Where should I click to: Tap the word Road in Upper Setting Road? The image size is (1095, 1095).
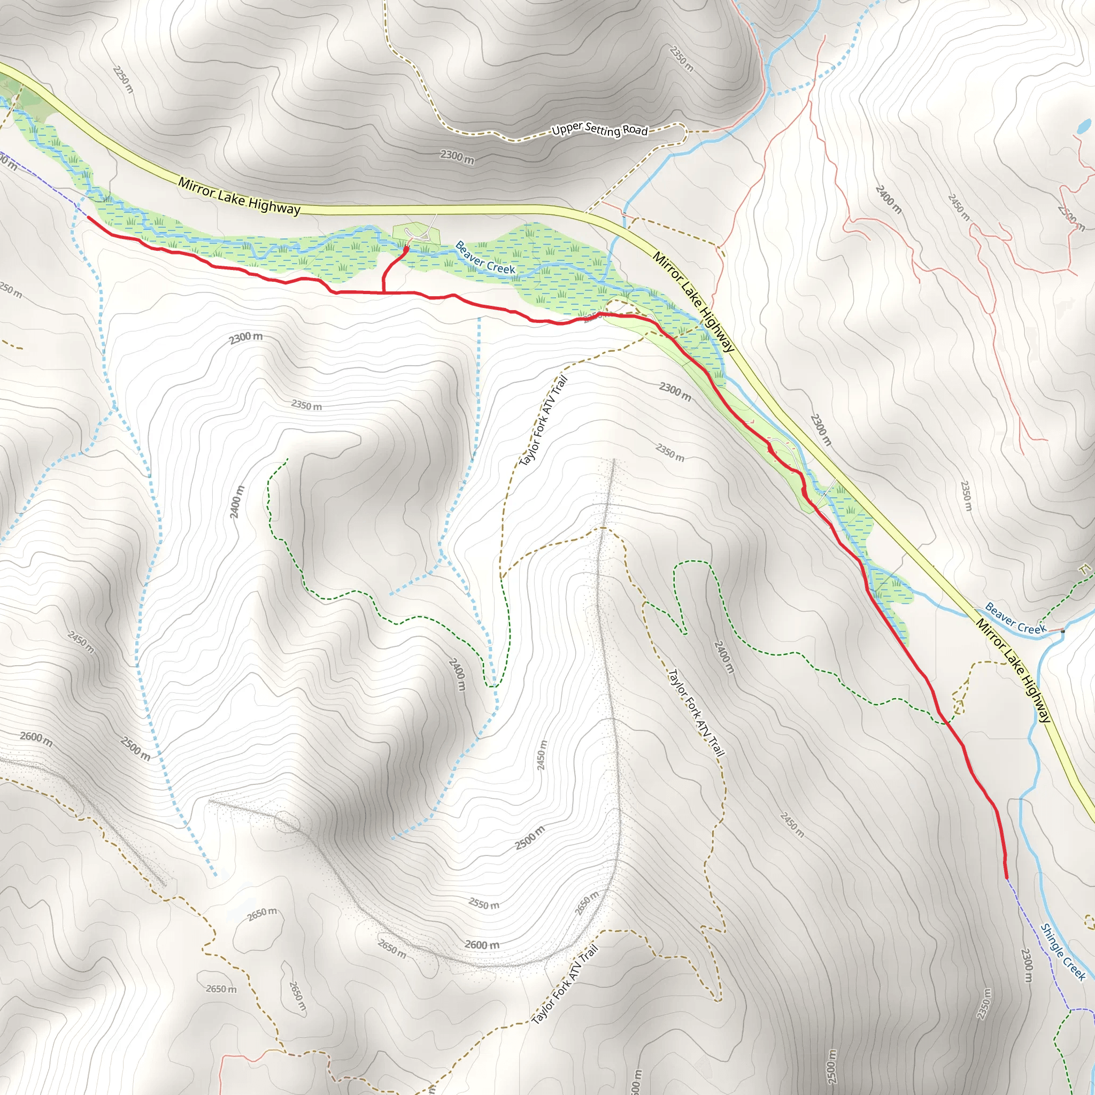635,131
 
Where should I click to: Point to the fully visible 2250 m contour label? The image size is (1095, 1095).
123,79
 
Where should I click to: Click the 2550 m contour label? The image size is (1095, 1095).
484,904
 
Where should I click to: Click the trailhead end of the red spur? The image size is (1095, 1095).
406,248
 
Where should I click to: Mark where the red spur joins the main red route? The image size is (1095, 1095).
384,292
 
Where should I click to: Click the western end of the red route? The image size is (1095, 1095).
88,217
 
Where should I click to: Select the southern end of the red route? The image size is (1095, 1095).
1007,878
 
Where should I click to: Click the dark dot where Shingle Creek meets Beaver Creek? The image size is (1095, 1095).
1063,631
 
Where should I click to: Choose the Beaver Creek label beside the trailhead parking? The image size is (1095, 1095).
485,258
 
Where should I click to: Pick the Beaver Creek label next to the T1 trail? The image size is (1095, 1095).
1016,619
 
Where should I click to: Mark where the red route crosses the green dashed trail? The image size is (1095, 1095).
945,721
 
